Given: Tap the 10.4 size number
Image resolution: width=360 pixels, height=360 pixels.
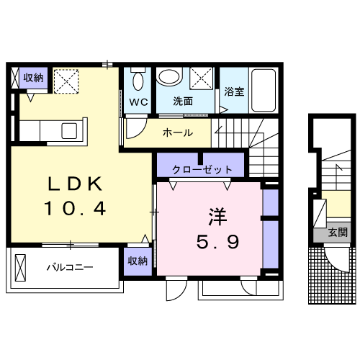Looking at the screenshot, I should [75, 210].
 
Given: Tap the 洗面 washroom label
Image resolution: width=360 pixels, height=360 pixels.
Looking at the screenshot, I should [183, 102].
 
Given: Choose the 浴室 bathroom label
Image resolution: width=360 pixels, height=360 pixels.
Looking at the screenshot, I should [234, 92].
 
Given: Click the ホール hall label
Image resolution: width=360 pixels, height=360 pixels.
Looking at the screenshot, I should [177, 132].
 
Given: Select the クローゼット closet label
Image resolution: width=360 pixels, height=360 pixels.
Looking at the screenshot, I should [202, 170].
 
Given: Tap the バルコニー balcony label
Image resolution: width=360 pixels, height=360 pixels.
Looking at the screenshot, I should [70, 267].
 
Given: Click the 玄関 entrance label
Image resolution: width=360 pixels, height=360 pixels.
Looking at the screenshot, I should [338, 233].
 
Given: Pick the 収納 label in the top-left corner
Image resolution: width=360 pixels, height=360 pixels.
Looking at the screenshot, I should [33, 78].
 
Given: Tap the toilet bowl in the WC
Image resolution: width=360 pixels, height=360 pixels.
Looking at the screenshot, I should [138, 78].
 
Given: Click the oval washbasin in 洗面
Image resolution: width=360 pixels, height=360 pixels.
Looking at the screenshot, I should [170, 78].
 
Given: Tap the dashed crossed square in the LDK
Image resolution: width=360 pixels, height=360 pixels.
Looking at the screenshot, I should [68, 81].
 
